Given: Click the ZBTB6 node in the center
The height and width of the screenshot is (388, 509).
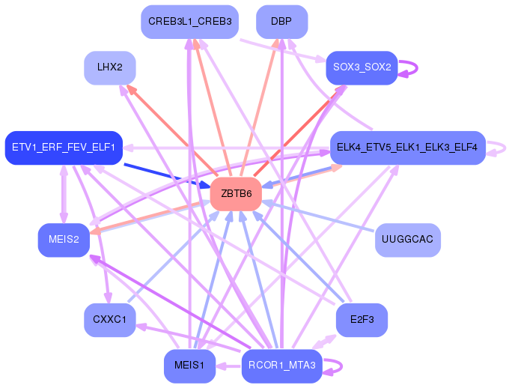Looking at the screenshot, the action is click(236, 194).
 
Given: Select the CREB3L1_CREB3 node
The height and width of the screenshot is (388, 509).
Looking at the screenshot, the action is click(189, 22).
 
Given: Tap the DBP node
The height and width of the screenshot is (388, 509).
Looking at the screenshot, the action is click(281, 22).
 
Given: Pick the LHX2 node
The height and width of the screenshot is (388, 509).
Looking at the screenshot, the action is click(110, 67).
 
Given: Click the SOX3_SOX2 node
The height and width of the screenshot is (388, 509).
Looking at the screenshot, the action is click(362, 67).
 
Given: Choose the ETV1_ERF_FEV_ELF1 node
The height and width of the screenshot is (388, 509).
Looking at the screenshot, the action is click(64, 148).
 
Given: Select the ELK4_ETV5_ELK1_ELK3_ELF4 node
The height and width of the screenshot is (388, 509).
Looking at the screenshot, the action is click(407, 148).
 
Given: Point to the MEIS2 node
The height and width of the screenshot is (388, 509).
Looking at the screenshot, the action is click(64, 240).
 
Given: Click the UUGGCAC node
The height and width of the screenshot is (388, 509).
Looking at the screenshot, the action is click(407, 240).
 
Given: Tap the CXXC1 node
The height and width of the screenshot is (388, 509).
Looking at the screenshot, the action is click(110, 320).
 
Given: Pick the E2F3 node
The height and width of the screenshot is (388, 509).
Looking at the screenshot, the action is click(362, 320).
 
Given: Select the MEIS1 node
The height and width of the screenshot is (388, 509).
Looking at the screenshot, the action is click(189, 366).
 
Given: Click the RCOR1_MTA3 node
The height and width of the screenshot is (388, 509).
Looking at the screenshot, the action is click(281, 366).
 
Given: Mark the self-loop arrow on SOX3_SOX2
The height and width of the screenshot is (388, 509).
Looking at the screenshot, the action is click(417, 68).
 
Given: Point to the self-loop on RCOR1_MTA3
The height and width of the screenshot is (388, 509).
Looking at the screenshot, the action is click(341, 366).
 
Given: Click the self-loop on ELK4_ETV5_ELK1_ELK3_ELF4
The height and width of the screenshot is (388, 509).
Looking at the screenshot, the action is click(505, 148).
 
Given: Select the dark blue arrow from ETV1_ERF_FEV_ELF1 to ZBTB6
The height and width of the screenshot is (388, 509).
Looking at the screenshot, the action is click(167, 175).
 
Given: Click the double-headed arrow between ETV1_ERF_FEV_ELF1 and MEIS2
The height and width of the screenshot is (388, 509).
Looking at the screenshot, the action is click(64, 194).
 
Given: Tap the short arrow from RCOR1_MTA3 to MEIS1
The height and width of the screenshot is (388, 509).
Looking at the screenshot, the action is click(229, 366).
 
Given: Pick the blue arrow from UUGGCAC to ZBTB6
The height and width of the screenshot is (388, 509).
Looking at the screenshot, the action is click(318, 216).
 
